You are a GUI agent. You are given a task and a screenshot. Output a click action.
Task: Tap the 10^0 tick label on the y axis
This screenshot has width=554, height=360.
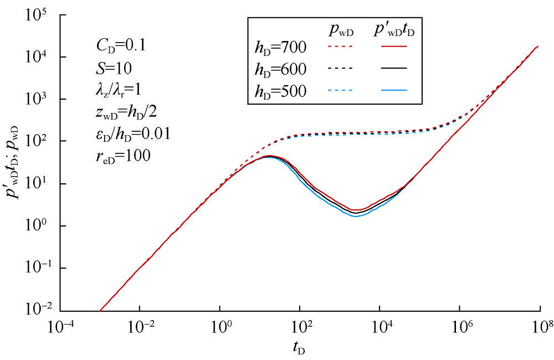pyautogui.click(x=40, y=226)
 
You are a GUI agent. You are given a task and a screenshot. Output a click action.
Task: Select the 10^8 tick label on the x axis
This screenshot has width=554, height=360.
pyautogui.click(x=540, y=327)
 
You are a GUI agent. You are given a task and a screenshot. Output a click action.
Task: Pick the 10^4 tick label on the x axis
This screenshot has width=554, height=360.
pyautogui.click(x=380, y=327)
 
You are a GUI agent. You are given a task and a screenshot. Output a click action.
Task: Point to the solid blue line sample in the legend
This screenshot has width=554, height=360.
pyautogui.click(x=394, y=90)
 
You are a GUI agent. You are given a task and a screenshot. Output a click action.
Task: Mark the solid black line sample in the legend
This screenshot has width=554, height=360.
pyautogui.click(x=394, y=68)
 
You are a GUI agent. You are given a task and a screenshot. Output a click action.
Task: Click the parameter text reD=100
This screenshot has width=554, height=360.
pyautogui.click(x=123, y=156)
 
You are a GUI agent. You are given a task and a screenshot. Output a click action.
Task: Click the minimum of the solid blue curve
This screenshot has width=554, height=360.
pyautogui.click(x=356, y=216)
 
